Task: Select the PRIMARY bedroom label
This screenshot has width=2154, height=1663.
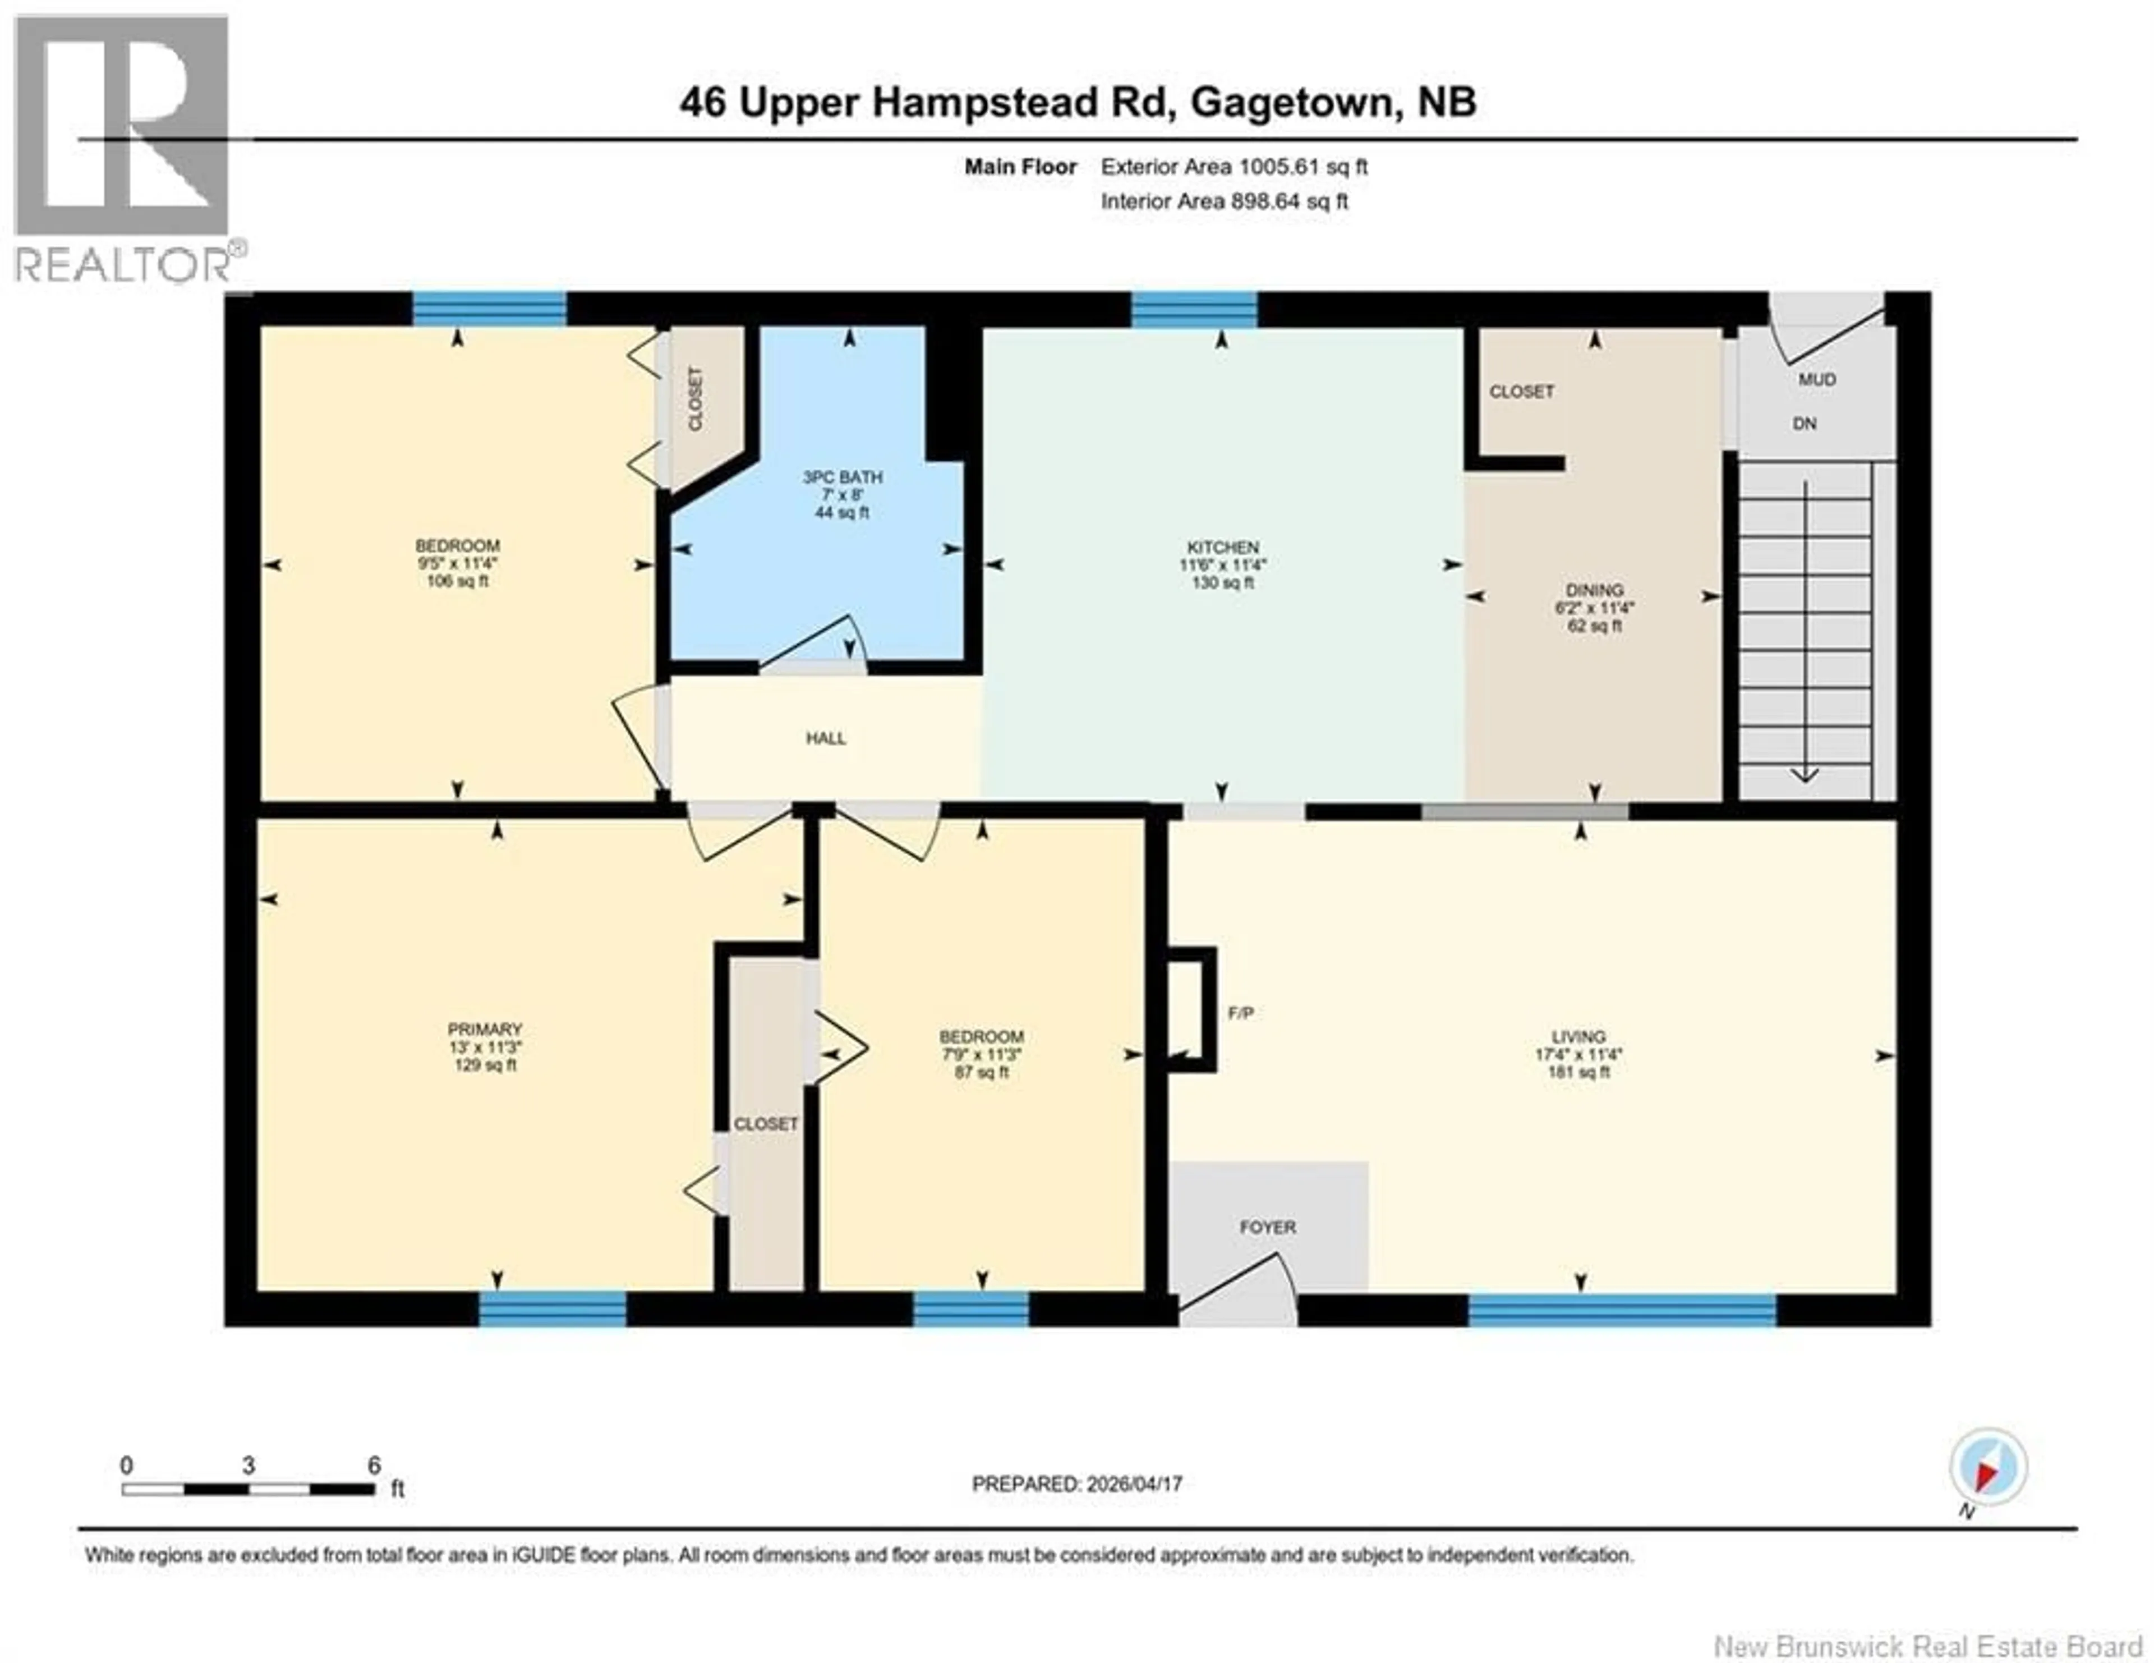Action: click(484, 1029)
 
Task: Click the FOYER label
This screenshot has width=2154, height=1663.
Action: click(1267, 1227)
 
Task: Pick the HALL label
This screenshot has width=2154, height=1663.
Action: click(826, 738)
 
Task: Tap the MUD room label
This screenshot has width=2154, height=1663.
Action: click(1817, 380)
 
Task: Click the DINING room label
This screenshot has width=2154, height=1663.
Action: click(1594, 590)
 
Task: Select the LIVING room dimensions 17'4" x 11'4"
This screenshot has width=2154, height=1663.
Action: click(1578, 1054)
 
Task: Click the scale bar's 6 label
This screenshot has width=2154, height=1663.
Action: click(374, 1466)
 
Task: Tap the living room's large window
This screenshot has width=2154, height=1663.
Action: click(1622, 1311)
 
